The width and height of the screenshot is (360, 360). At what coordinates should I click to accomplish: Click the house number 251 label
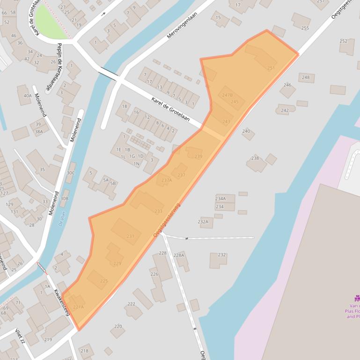point(271,68)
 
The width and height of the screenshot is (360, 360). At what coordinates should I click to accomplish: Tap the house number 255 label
point(305,28)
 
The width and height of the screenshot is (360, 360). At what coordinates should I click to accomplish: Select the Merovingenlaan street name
point(182,25)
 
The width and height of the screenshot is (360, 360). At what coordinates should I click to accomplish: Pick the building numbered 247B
point(227,95)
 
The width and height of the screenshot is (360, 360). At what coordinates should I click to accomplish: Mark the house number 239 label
point(198,157)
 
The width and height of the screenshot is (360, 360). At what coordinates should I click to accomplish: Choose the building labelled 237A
point(166,180)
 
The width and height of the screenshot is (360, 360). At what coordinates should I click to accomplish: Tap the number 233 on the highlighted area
point(158,211)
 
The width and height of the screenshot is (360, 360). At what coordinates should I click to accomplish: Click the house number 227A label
point(78,307)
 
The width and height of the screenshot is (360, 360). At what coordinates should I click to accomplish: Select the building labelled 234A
point(220,198)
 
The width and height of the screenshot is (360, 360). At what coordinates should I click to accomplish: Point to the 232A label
point(203,222)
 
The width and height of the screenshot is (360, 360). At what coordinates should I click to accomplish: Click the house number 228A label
point(178,255)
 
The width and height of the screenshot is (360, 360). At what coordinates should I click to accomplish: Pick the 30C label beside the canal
point(70,173)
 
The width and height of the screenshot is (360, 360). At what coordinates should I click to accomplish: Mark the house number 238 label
point(255,158)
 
